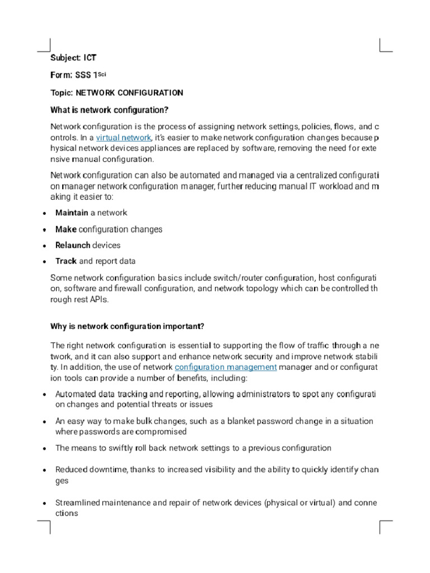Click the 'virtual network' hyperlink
click(124, 138)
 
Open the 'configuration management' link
click(226, 367)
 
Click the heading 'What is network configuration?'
click(109, 109)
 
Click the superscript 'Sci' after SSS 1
click(102, 73)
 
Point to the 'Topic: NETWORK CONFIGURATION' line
click(116, 92)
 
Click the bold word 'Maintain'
click(72, 213)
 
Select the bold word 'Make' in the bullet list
click(66, 229)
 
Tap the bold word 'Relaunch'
click(73, 245)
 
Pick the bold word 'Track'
click(66, 261)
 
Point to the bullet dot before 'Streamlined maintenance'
click(44, 504)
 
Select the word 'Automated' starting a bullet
click(76, 394)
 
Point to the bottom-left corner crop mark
click(44, 527)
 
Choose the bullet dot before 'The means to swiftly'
click(44, 449)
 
